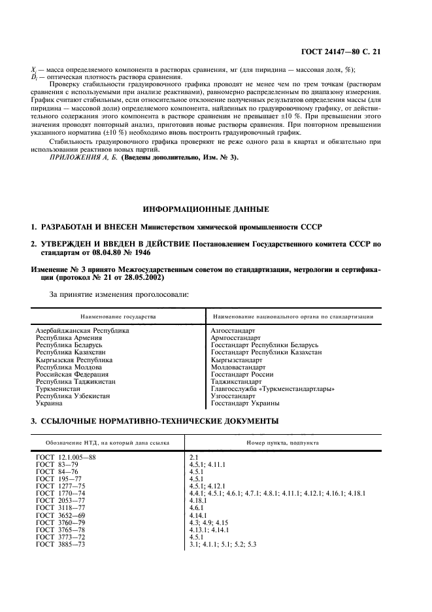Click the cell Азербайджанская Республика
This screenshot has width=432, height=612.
pos(82,331)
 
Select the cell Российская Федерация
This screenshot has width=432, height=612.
pos(71,374)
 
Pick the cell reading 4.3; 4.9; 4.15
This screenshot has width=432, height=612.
pos(210,522)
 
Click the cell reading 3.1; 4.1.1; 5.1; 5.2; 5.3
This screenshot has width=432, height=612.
pos(222,544)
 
